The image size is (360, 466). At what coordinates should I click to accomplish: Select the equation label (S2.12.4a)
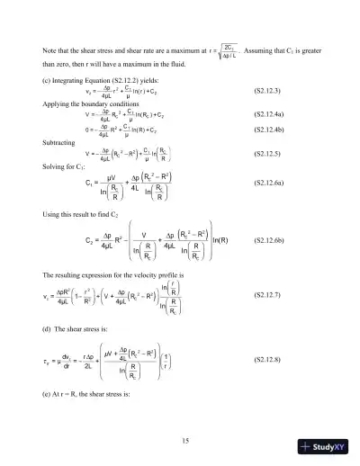coord(269,115)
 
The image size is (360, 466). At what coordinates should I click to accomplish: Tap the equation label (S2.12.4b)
coord(269,131)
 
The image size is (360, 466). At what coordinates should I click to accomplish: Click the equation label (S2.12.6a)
coord(269,184)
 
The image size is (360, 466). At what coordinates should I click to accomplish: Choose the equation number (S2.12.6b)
coord(269,241)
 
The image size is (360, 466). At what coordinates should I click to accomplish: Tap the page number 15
coord(184,440)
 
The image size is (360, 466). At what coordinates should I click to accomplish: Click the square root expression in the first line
coord(229,49)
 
